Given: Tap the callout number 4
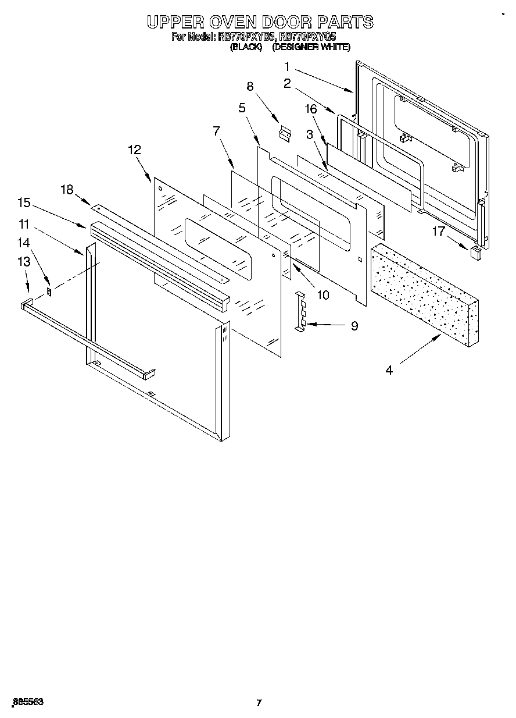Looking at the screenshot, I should click(389, 369).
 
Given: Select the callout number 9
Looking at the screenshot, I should click(354, 326).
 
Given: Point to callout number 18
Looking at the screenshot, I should click(67, 189).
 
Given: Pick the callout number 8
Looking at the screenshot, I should click(250, 87).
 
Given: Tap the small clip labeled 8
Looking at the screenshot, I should click(285, 134).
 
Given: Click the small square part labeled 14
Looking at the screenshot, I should click(50, 290).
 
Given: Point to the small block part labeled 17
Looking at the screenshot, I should click(475, 252).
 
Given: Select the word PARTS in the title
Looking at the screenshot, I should click(345, 22).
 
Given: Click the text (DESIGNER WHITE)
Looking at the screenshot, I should click(311, 47).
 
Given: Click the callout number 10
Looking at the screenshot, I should click(322, 295).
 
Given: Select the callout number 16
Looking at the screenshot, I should click(311, 109).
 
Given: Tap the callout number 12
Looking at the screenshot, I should click(134, 150).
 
